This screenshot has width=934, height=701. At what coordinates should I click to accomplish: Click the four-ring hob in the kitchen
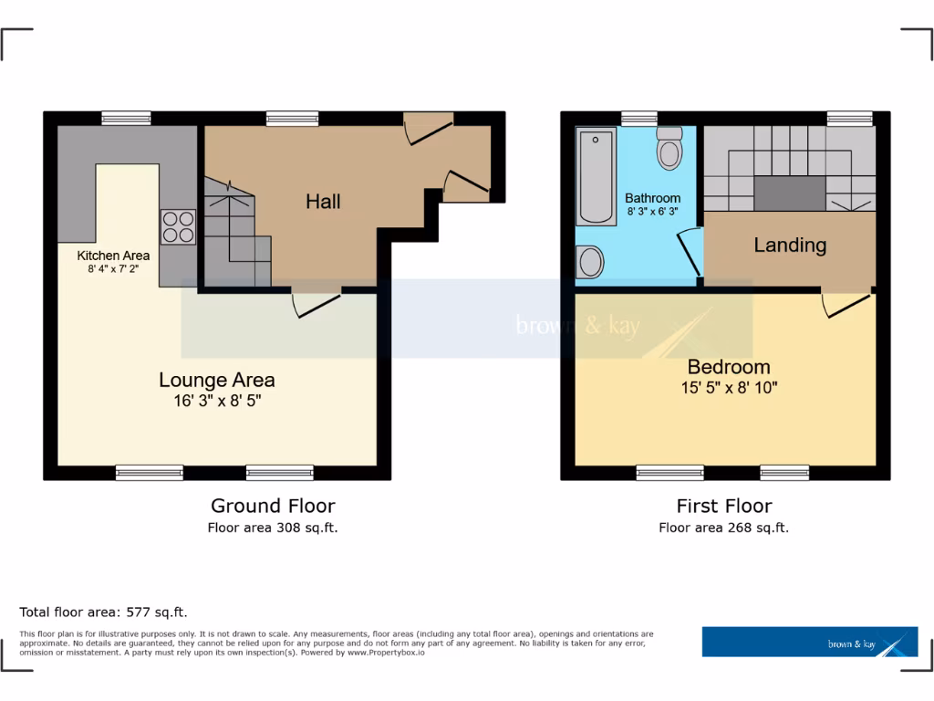(x=178, y=226)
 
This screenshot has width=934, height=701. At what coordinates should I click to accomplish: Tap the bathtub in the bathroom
(x=596, y=176)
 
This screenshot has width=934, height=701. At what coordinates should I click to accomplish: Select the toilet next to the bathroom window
(x=670, y=149)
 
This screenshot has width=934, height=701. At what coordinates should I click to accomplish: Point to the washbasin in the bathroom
(x=590, y=263)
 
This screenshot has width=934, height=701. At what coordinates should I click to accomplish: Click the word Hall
(x=323, y=201)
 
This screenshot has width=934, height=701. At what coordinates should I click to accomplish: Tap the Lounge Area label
(x=217, y=380)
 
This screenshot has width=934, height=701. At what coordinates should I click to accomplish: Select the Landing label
(x=790, y=245)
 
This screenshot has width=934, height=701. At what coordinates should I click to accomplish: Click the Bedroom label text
(x=729, y=367)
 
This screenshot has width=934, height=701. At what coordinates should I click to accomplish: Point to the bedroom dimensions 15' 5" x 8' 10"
(x=729, y=387)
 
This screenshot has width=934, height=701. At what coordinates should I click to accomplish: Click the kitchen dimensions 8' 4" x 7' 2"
(x=113, y=269)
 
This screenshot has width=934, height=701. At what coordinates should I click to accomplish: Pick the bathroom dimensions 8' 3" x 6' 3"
(x=653, y=212)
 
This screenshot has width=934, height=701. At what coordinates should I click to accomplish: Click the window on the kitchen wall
(x=126, y=117)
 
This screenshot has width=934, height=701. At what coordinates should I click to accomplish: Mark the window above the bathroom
(x=639, y=117)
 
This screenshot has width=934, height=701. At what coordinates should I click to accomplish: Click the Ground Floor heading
(x=273, y=506)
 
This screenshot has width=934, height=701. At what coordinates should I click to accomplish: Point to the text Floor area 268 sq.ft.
(x=724, y=528)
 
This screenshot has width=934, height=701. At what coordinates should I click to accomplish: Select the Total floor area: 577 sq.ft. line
(x=103, y=612)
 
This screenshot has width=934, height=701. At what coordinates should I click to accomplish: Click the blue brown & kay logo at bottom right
(x=810, y=642)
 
